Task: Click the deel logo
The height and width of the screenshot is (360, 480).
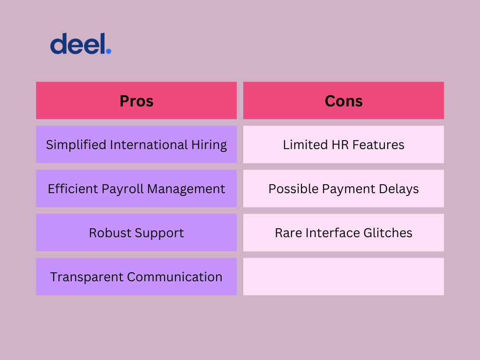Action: click(x=81, y=44)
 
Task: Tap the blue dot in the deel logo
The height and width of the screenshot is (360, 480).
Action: click(x=108, y=51)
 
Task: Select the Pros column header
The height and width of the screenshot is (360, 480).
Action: click(x=136, y=100)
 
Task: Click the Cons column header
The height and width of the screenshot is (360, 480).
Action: click(x=344, y=100)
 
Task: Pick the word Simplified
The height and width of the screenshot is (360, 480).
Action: click(x=76, y=145)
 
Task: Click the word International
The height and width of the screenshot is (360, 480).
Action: click(x=149, y=144)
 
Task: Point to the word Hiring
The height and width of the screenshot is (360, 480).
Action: click(x=209, y=145)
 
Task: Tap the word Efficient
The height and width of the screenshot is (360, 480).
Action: click(x=73, y=188)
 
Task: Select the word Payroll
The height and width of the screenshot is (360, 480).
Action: click(x=122, y=189)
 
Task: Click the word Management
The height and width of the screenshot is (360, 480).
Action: click(x=186, y=189)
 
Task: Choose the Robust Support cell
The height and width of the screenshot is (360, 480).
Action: click(x=136, y=232)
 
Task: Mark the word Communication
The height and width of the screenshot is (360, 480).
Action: click(x=174, y=277)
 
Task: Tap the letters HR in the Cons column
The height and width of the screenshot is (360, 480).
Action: click(x=340, y=145)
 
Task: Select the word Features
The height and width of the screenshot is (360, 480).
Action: click(x=378, y=145)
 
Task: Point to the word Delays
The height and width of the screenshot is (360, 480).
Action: click(x=398, y=189)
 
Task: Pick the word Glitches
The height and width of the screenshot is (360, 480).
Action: click(x=388, y=232)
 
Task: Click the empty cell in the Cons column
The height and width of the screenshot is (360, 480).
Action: click(x=344, y=277)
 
